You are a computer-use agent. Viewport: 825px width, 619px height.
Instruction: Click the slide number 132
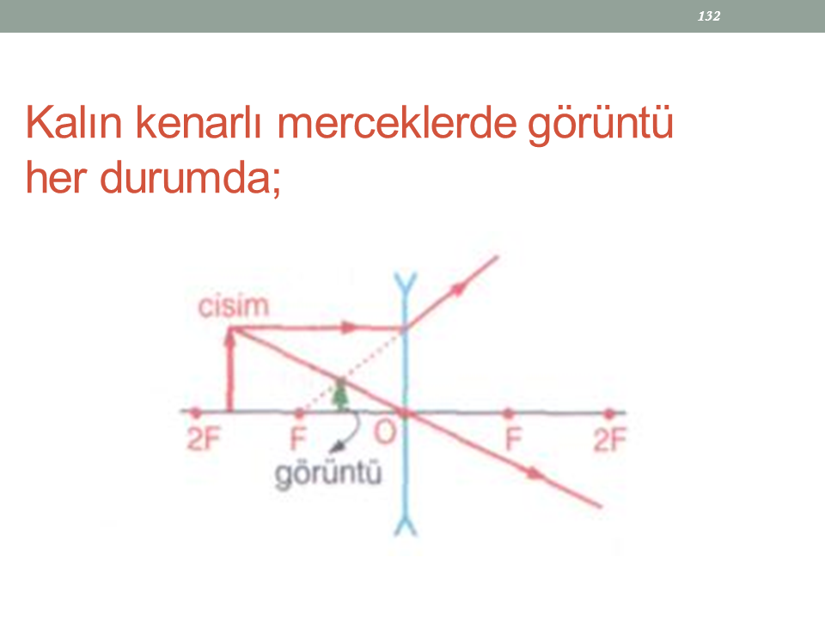point(709,16)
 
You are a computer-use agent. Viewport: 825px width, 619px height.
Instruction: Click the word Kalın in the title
point(74,123)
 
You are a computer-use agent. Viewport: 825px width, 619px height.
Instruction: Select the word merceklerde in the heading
point(397,123)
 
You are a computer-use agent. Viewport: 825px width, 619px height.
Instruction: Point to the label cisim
point(233,306)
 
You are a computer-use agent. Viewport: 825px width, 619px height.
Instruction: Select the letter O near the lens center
point(385,433)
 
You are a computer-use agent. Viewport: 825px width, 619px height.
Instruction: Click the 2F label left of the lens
point(204,439)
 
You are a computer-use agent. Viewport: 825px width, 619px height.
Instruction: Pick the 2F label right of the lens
point(610,440)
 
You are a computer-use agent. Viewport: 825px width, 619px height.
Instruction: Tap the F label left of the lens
point(298,438)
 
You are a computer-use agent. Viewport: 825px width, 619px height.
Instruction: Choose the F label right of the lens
point(513,439)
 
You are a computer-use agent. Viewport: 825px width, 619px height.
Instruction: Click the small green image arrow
point(341,394)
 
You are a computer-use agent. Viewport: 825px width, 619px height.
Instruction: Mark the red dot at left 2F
point(196,412)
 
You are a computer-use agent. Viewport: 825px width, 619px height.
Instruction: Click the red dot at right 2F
point(608,414)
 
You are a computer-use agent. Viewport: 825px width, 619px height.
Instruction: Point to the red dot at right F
point(508,414)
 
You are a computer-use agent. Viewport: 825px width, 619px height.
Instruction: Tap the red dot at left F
point(299,412)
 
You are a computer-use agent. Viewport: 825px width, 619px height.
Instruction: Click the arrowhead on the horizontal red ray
point(348,328)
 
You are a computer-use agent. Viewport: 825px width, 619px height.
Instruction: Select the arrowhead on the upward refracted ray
point(459,289)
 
